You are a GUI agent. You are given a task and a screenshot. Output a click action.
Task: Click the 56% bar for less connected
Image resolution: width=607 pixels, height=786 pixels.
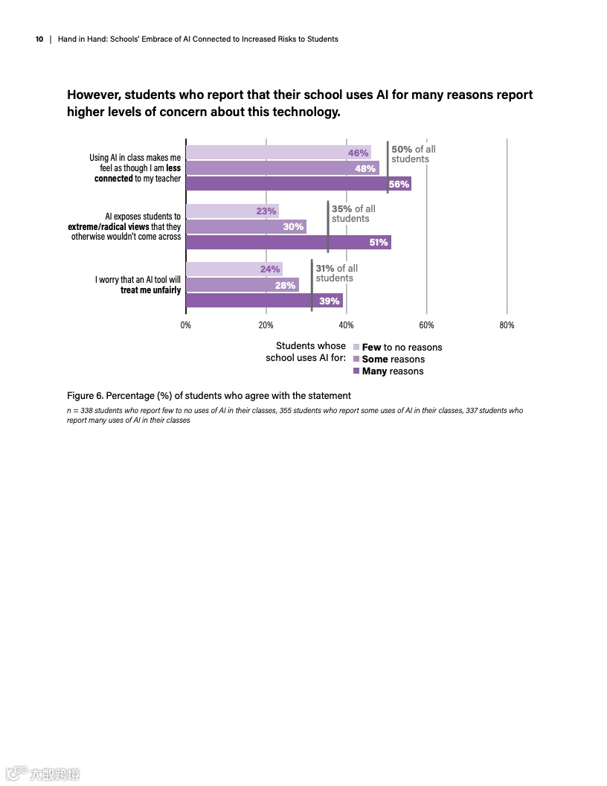298,184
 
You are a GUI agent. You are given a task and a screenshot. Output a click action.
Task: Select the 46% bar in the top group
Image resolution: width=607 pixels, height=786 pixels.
278,153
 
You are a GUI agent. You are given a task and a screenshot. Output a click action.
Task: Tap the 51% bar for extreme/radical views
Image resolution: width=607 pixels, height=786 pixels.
288,242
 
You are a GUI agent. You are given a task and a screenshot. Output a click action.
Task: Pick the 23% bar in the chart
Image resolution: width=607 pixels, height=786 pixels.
232,211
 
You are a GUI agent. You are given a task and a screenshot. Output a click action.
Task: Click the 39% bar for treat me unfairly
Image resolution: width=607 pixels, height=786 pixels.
264,301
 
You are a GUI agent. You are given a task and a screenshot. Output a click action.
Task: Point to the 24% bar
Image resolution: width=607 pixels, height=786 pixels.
234,269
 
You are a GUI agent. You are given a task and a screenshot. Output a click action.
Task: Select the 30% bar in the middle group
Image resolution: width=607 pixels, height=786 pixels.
245,226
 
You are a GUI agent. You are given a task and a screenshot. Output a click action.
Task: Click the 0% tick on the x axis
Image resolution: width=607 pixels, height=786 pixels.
186,325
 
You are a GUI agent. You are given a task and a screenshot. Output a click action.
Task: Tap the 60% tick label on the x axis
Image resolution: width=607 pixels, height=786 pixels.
426,325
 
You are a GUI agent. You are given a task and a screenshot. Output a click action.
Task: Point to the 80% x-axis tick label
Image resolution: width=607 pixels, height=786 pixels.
507,325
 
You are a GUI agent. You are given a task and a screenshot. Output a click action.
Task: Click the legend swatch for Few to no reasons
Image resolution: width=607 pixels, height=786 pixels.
356,347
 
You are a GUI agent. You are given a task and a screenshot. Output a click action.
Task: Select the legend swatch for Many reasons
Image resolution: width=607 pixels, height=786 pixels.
356,371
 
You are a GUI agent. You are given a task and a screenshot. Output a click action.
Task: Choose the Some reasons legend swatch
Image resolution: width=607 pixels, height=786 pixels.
356,359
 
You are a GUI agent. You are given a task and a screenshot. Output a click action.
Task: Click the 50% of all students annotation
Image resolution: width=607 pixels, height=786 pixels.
414,154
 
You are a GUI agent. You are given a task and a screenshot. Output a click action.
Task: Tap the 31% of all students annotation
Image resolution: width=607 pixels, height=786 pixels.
336,273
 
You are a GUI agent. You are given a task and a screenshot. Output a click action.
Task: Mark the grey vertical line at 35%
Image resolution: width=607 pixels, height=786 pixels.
328,226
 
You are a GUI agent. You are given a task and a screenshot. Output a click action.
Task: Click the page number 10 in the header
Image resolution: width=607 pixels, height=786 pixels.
39,39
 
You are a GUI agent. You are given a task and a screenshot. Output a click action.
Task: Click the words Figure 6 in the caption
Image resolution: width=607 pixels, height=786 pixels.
85,395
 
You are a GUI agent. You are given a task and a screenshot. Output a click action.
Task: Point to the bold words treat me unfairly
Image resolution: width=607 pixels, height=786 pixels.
150,290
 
